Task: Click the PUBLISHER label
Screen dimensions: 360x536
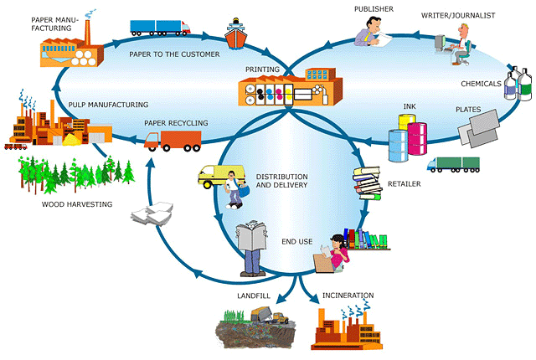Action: click(x=373, y=8)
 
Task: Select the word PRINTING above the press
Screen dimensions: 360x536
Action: click(x=261, y=69)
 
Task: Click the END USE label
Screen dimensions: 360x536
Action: click(x=298, y=242)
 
